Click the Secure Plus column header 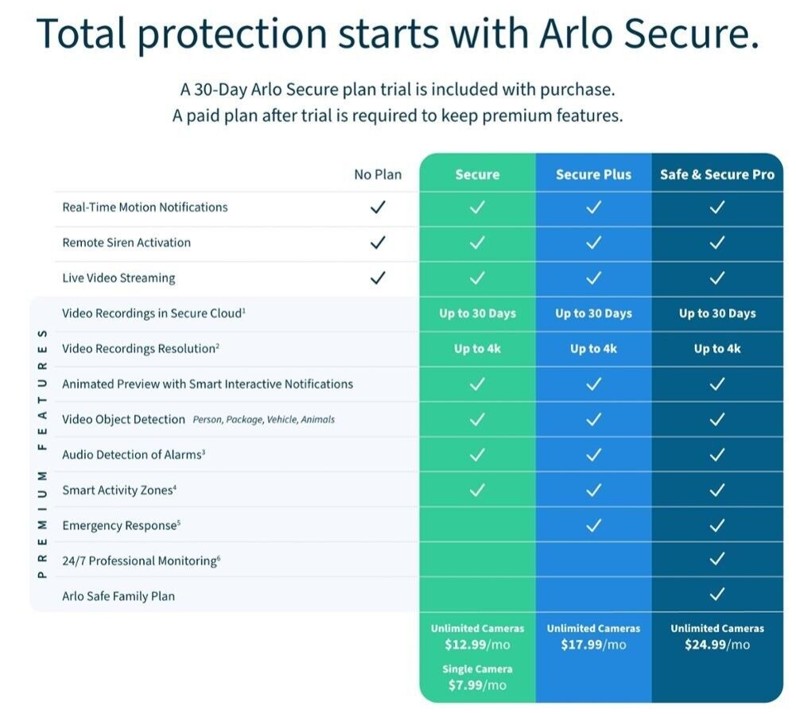click(x=593, y=175)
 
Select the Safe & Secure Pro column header click(x=716, y=175)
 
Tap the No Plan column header click(x=378, y=175)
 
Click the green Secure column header click(x=477, y=175)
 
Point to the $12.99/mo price click(x=477, y=645)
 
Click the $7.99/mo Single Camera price click(x=477, y=685)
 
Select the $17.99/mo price click(x=593, y=645)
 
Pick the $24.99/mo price click(x=716, y=645)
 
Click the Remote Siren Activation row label click(x=126, y=243)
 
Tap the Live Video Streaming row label click(x=118, y=278)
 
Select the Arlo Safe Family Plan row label click(x=118, y=596)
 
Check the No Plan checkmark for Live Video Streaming click(x=378, y=277)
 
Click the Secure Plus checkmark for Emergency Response click(x=593, y=525)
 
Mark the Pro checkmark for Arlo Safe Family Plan click(x=716, y=595)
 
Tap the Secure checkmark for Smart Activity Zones click(x=477, y=490)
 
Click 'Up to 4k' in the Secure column click(x=477, y=349)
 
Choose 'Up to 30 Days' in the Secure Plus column click(x=593, y=313)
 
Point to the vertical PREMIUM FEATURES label click(x=42, y=453)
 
